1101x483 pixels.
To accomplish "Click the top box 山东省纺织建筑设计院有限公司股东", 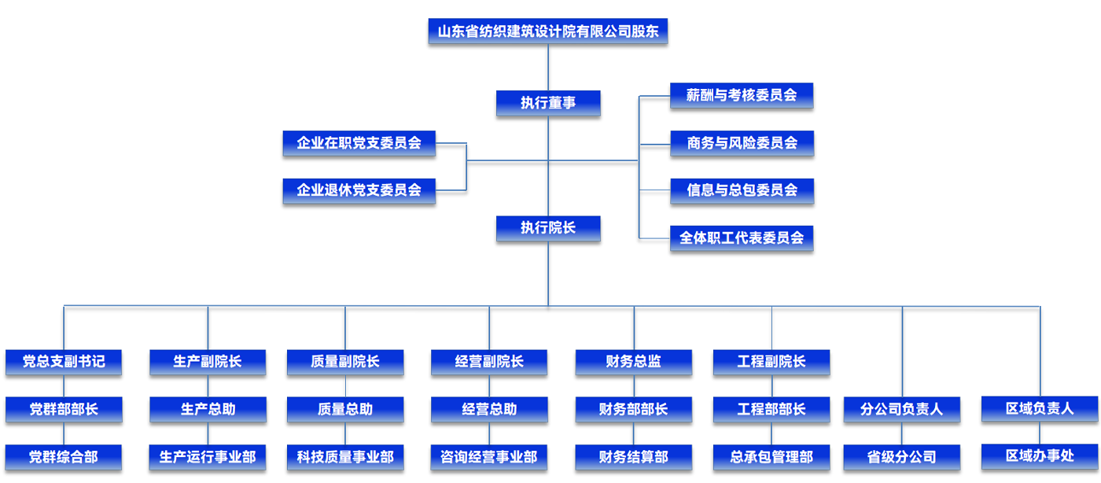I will pos(548,32).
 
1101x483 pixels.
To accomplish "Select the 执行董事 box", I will pos(548,103).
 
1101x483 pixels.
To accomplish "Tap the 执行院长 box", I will pos(548,228).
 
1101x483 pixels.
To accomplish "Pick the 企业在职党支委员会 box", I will pos(359,143).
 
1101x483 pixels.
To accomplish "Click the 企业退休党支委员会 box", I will pos(359,190).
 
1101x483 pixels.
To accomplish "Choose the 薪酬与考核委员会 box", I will pos(742,95).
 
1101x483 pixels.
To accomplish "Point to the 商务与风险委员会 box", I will pos(742,143).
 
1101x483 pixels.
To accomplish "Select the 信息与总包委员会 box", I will pos(742,190).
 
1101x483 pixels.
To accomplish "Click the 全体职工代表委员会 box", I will pos(742,238).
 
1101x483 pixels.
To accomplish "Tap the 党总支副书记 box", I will pos(64,362).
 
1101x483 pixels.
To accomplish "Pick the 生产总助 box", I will pos(208,409).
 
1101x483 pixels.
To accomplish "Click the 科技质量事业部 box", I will pos(345,456).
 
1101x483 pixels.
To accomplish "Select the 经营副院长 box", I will pos(489,362).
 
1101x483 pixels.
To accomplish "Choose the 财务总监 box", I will pos(634,362).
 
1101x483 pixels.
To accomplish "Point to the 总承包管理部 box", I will pos(771,456).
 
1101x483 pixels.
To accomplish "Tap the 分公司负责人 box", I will pos(902,409).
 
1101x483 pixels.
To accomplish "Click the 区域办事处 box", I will pos(1040,455).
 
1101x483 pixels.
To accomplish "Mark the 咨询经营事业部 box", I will pos(489,456).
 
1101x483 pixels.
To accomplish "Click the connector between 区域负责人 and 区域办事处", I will pos(1040,433).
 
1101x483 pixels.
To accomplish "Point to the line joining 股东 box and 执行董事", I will pos(548,68).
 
